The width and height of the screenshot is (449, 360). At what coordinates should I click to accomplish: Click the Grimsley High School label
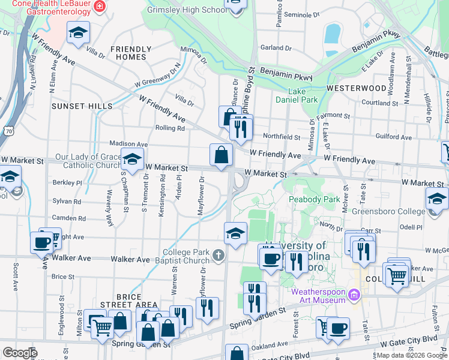coord(189,10)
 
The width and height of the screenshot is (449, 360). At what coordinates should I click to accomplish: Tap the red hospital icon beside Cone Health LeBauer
coord(100,8)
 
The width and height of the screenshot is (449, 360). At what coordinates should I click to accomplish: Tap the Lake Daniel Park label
coord(294,95)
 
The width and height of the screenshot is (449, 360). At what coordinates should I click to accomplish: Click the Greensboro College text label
coord(390,211)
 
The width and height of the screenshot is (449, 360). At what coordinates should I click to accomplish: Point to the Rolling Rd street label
coord(169,128)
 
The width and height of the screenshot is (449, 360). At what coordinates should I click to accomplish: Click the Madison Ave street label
coord(128,144)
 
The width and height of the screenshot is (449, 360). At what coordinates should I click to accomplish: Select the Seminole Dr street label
coord(301,14)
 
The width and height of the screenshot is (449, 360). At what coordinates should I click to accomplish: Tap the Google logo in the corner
coord(20,353)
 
